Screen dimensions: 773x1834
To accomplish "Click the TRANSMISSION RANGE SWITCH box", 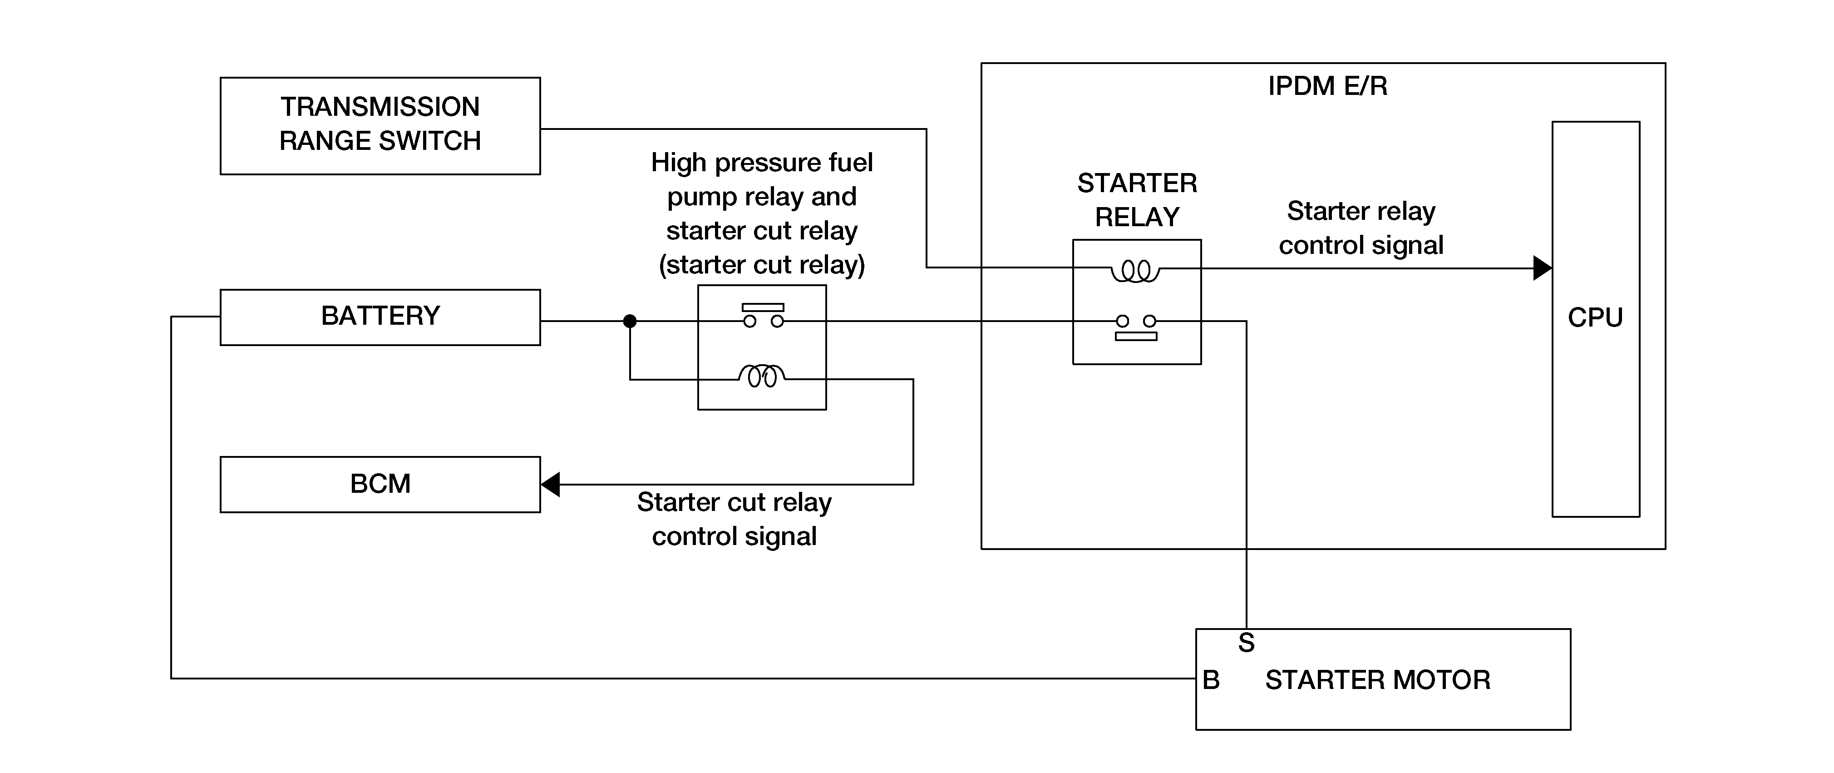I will click(x=380, y=125).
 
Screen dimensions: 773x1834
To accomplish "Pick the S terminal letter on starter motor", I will click(x=1246, y=643).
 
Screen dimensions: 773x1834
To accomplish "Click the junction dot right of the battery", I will click(x=629, y=321).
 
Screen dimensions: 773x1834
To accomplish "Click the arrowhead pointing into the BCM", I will click(x=550, y=485).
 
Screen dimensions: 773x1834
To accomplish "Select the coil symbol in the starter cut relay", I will click(x=762, y=376).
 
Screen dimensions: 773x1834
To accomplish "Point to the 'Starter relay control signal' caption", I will click(x=1361, y=228).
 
